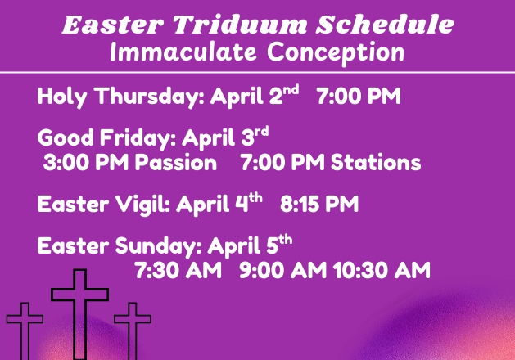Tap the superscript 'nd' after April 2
[291, 90]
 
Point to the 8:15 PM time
[319, 204]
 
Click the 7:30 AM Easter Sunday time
[178, 270]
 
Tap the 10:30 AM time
[382, 270]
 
